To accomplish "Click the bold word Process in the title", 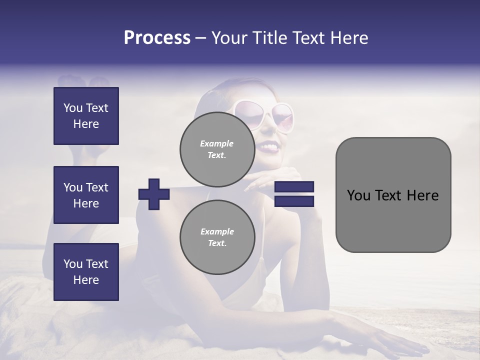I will point(157,38).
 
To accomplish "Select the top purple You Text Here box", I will point(86,116).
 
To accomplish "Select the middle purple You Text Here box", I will point(86,195).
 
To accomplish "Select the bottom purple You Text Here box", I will point(86,272).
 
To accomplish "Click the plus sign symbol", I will point(154,194).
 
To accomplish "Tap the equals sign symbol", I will point(294,194).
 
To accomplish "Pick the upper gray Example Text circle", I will point(217,149).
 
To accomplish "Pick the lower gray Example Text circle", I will point(217,237).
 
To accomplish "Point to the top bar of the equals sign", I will point(294,187).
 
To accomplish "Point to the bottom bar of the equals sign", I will point(294,201).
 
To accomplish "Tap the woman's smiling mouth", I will point(268,147).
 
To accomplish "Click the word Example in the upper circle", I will point(217,143).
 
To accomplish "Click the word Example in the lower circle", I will point(217,231).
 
